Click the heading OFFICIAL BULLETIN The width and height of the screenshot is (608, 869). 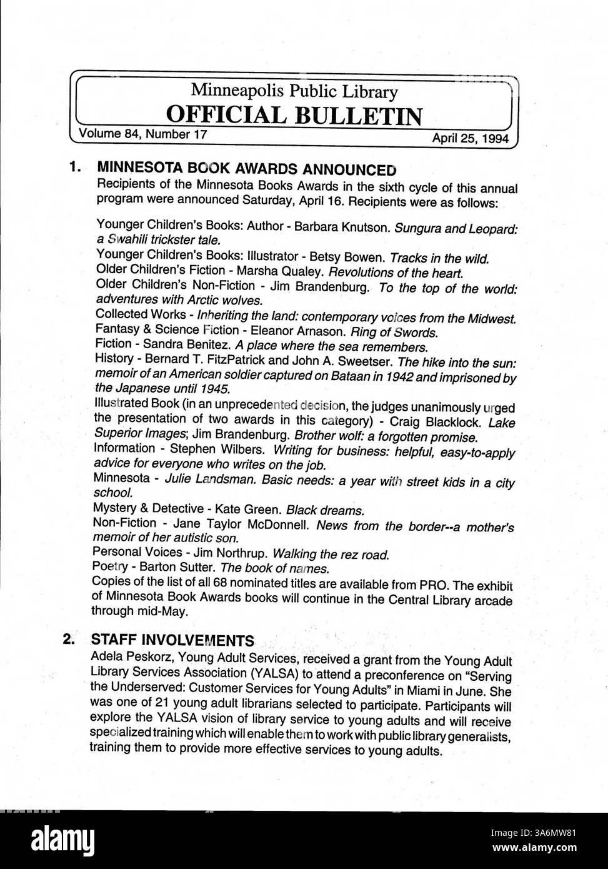(x=293, y=116)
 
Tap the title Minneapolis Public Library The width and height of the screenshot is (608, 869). (x=294, y=91)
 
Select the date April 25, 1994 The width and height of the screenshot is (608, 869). (x=471, y=138)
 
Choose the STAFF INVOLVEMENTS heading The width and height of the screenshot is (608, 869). (x=172, y=640)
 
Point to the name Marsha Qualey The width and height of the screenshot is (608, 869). (x=276, y=272)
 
